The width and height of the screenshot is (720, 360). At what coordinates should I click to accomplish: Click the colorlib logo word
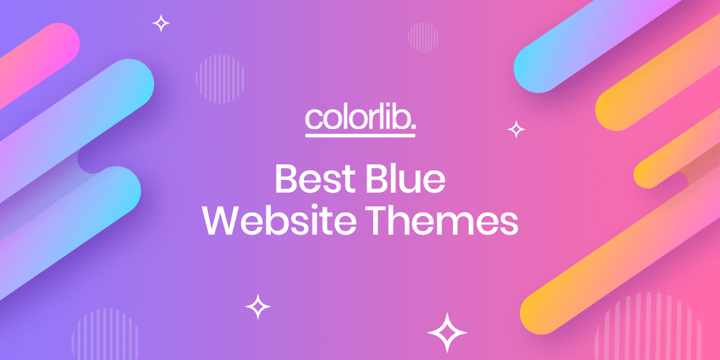tap(358, 118)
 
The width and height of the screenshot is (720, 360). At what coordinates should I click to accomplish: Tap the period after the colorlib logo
tap(413, 128)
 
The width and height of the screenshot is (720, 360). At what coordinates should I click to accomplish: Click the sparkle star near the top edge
tap(161, 23)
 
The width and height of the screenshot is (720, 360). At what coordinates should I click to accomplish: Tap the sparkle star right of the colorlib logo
tap(516, 128)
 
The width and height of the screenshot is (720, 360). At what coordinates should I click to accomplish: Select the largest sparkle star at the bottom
tap(446, 332)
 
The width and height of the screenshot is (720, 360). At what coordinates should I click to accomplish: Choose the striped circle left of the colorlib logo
tap(220, 79)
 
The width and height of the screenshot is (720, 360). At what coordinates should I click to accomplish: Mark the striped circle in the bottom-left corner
tap(105, 336)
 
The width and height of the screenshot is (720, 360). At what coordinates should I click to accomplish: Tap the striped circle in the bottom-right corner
tap(648, 330)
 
